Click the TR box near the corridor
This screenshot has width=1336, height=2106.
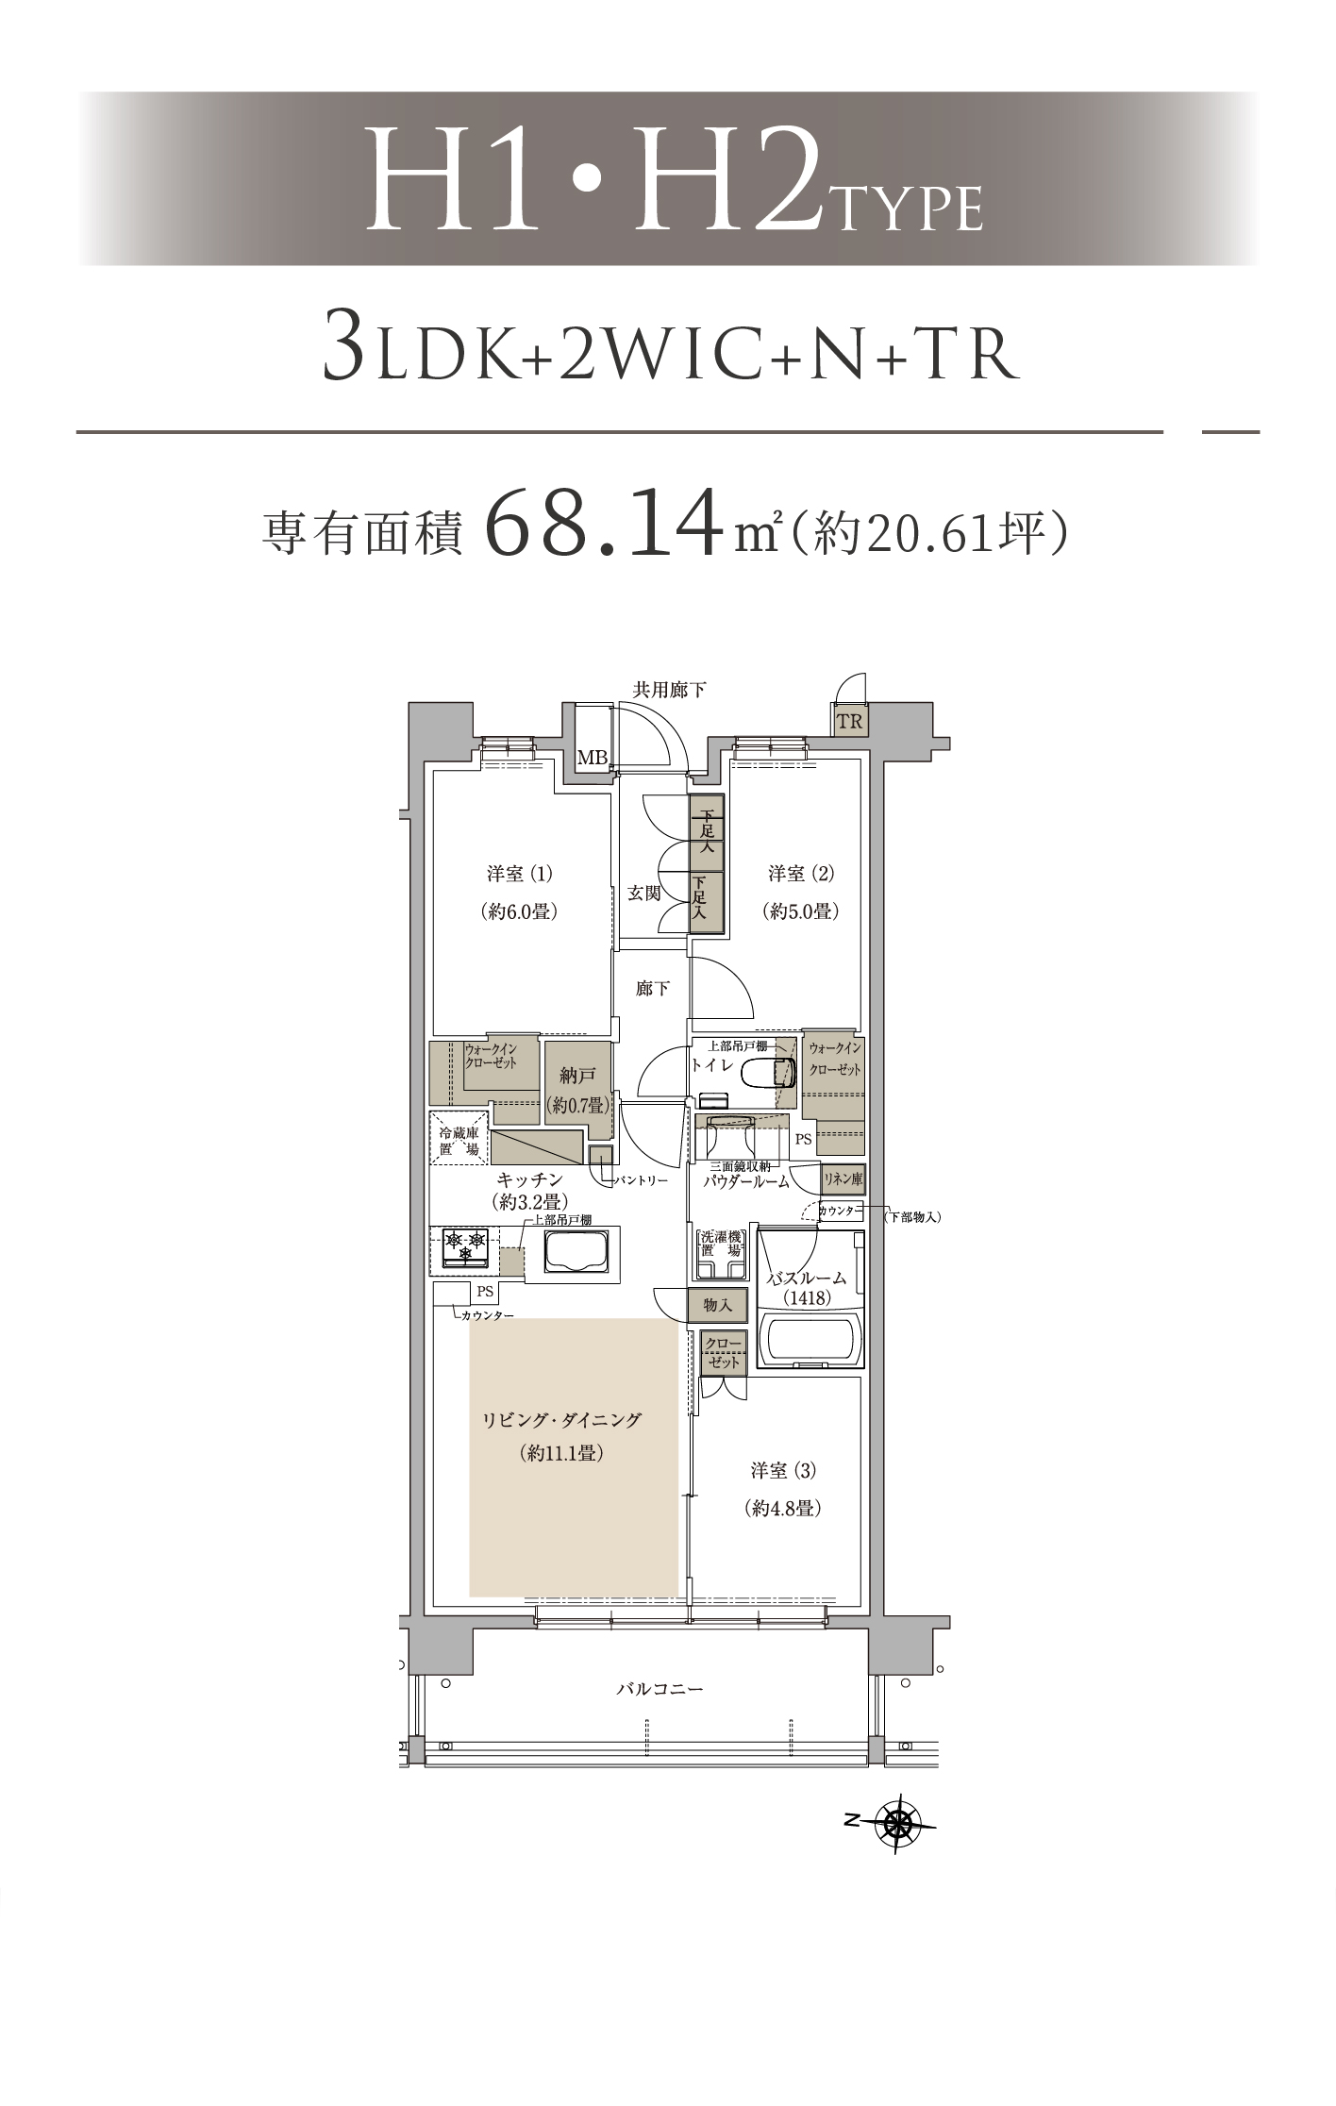pos(849,722)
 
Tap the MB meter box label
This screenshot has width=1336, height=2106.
pos(592,758)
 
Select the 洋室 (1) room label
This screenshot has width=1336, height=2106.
pos(519,874)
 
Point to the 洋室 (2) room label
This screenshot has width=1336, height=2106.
pos(800,874)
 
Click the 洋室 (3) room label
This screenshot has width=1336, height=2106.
pos(783,1469)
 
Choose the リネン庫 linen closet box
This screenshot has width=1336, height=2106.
pos(843,1178)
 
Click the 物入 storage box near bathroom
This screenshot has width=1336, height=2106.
pos(718,1306)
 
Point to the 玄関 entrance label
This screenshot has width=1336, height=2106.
pos(644,893)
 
